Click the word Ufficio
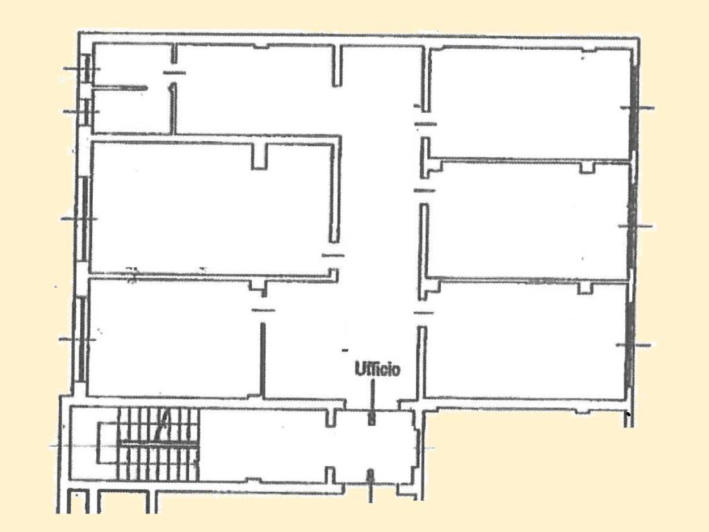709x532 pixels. pos(377,369)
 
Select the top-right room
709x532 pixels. pos(529,103)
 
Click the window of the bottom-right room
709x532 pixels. pos(630,345)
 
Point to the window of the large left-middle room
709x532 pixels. pos(84,219)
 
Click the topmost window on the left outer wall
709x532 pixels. pos(87,69)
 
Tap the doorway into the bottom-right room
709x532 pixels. pos(423,313)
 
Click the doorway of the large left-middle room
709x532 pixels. pos(333,256)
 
